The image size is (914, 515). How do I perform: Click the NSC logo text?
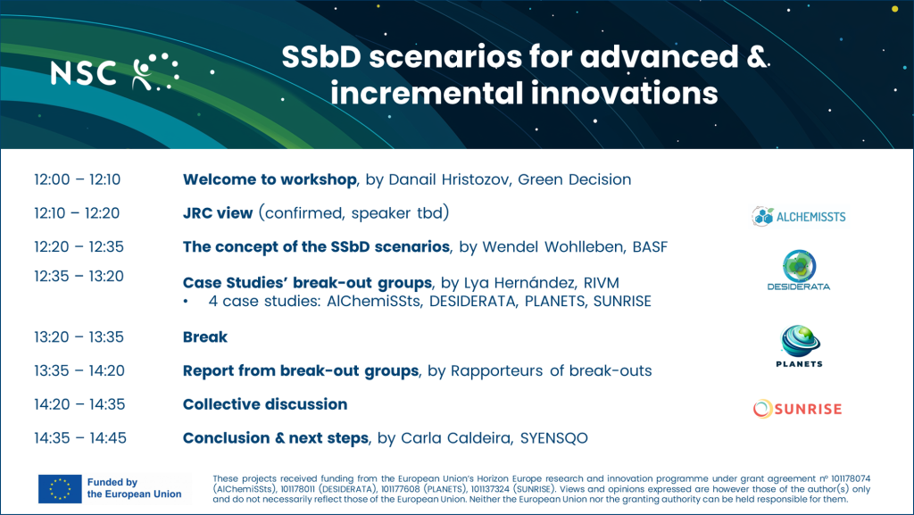[x=83, y=73]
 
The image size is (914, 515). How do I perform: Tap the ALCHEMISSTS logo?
[x=798, y=217]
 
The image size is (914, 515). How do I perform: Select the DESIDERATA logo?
[x=799, y=270]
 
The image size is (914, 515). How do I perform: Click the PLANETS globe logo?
[x=799, y=346]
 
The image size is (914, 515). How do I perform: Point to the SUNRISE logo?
[x=797, y=409]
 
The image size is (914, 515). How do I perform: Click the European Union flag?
[x=60, y=489]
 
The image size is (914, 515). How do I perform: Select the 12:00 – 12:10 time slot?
[x=77, y=179]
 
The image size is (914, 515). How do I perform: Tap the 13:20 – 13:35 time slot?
[x=79, y=336]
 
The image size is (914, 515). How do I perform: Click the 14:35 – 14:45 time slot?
[x=79, y=437]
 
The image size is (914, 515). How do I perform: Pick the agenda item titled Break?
[x=205, y=336]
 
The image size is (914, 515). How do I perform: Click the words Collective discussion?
[x=265, y=404]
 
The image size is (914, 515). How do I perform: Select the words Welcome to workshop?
[x=270, y=179]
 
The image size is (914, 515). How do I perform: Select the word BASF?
[x=650, y=247]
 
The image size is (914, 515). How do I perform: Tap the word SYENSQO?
[x=553, y=438]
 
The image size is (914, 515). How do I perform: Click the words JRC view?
[x=218, y=213]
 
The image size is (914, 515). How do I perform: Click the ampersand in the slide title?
[x=756, y=57]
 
